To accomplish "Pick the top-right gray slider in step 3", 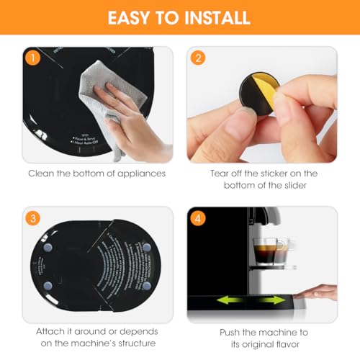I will [x=146, y=248].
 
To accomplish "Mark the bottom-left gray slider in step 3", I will [x=48, y=287].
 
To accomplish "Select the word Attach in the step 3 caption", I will [x=52, y=333].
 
